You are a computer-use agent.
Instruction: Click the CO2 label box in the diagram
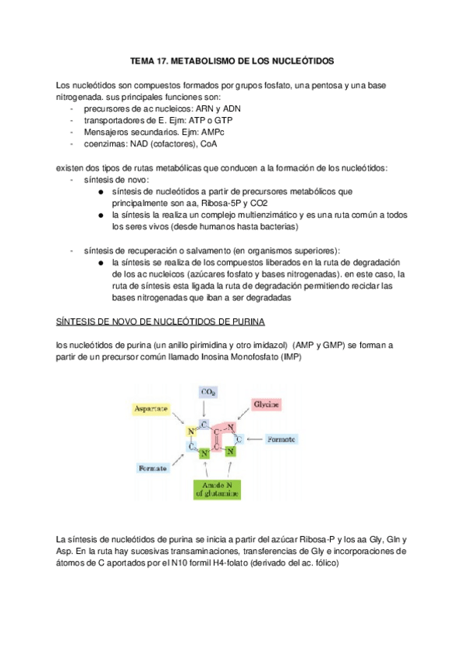coord(208,393)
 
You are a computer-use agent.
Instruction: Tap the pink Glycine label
coord(266,404)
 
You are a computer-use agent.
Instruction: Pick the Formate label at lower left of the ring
coord(153,469)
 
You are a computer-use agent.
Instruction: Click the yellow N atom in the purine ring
coord(190,432)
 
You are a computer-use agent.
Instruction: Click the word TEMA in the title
coord(143,60)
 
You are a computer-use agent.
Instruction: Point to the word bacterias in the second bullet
coord(277,226)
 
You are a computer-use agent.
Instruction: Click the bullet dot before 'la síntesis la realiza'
coord(102,215)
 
